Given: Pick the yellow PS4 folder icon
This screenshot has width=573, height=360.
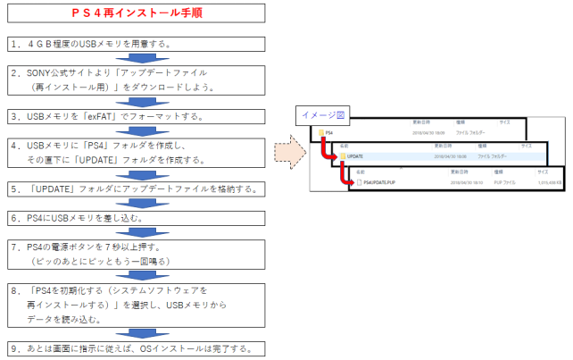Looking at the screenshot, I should coord(319,132).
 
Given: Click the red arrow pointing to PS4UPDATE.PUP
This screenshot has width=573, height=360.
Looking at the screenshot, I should coord(346,176).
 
